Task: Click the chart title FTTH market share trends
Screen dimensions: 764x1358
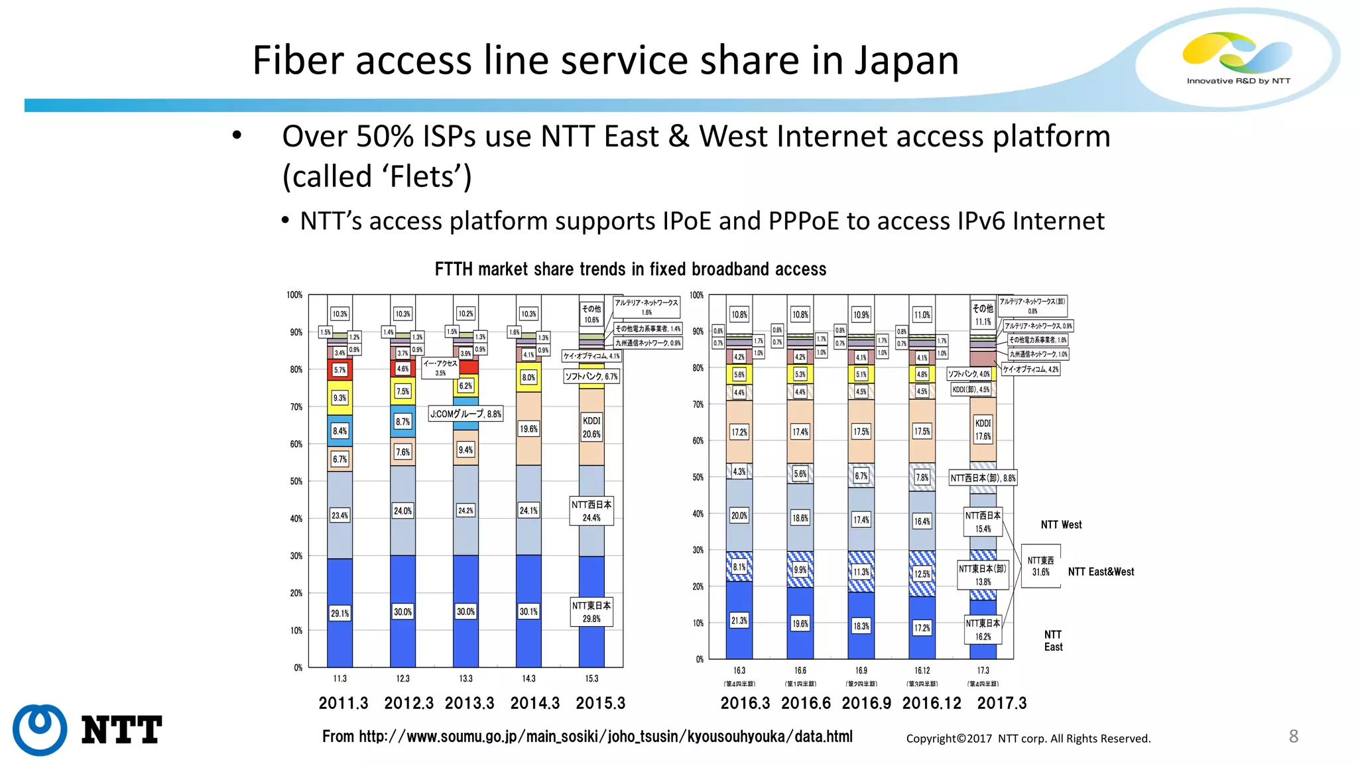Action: [x=630, y=269]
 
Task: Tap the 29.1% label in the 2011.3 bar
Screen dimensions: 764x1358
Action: [x=339, y=613]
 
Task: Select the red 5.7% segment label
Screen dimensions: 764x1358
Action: [x=339, y=370]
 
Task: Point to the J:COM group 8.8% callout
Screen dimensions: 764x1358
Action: [x=465, y=414]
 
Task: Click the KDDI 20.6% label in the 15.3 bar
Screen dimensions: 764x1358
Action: [x=591, y=428]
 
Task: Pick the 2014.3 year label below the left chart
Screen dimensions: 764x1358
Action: [x=534, y=703]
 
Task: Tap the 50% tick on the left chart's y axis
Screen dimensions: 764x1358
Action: [x=296, y=481]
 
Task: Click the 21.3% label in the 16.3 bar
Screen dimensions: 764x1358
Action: [x=739, y=621]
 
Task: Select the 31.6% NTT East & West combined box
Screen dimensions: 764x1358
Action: [x=1040, y=566]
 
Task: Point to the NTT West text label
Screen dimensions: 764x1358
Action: [x=1061, y=525]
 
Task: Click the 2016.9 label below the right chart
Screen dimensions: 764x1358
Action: [x=866, y=703]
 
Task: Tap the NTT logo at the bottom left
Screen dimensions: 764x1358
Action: [x=86, y=730]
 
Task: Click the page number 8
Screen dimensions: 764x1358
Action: [x=1293, y=736]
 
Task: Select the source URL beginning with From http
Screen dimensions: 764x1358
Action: [x=587, y=737]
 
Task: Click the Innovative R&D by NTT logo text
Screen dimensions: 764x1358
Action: [x=1238, y=81]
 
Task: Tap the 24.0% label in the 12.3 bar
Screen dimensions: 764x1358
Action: [x=402, y=511]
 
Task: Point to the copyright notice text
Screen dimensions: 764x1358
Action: [x=1028, y=739]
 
